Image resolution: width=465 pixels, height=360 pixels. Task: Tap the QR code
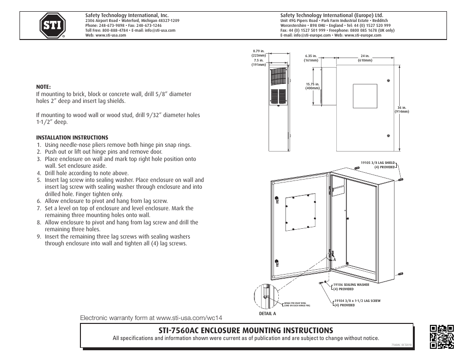tap(442, 337)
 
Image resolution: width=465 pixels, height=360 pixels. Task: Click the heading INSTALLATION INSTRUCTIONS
tap(72, 138)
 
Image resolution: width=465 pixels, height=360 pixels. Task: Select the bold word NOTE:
tap(43, 87)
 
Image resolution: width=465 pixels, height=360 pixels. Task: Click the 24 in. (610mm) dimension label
tap(365, 58)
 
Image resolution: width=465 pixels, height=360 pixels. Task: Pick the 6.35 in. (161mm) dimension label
tap(311, 58)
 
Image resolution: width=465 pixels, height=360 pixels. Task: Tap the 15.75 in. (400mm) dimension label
tap(312, 86)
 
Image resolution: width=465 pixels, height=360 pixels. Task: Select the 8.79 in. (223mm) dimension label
tap(258, 53)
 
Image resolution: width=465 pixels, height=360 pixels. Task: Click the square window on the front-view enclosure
tap(365, 96)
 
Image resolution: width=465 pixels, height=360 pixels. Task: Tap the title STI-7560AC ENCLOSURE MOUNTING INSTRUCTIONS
tap(246, 330)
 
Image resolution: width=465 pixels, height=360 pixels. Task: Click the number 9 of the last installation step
tap(39, 237)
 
